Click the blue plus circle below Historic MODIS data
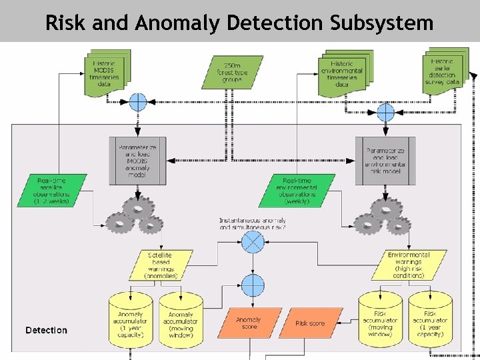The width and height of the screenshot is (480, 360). [137, 102]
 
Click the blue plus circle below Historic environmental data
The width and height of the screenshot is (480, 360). [386, 112]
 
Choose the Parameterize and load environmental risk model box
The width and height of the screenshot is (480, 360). [385, 161]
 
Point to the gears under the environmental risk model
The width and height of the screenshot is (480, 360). [383, 217]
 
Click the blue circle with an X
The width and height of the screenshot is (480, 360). [253, 241]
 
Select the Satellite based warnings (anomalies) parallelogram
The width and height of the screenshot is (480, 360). [161, 265]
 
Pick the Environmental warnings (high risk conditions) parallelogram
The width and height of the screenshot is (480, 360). [408, 265]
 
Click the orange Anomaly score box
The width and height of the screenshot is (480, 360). [249, 323]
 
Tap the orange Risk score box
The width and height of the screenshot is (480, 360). [309, 323]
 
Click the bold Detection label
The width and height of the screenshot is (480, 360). [46, 330]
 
